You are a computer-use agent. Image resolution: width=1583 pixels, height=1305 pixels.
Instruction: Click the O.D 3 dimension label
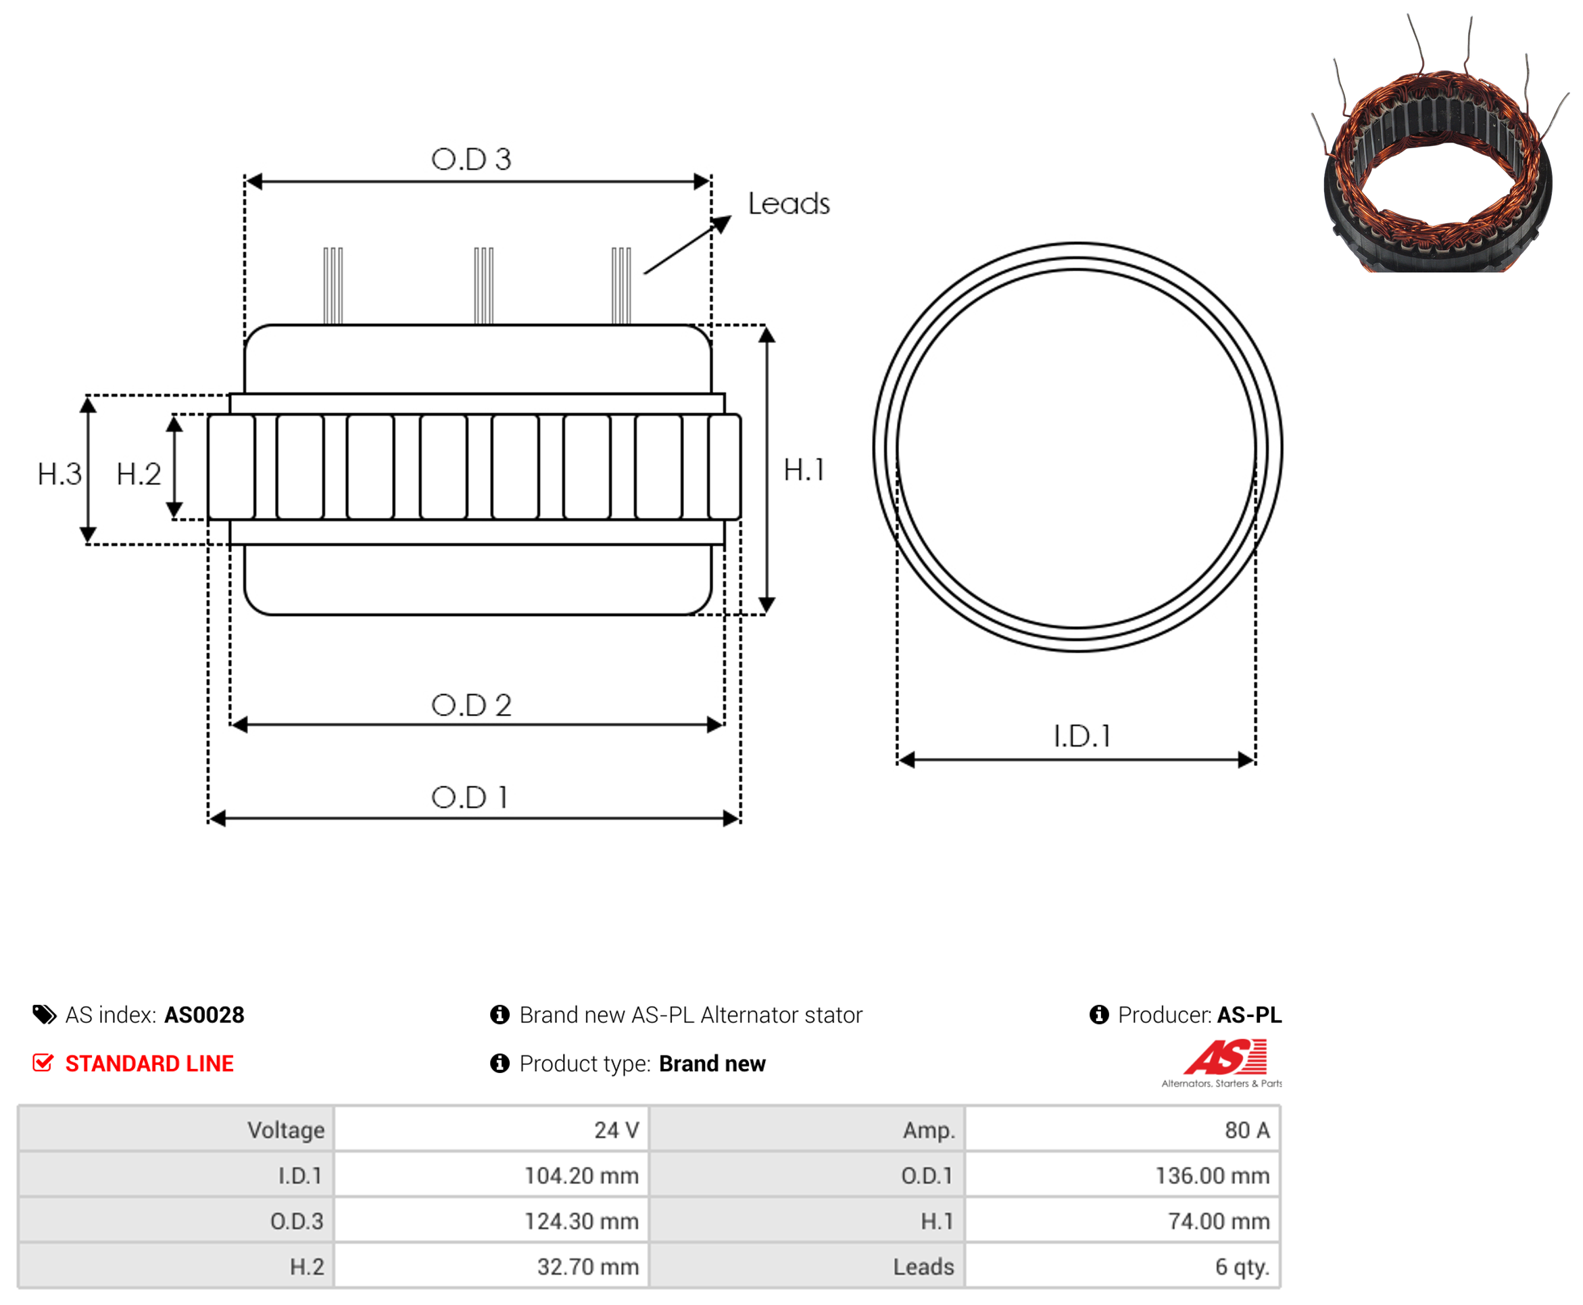point(470,159)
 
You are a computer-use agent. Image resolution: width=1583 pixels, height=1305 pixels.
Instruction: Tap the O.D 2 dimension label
point(470,705)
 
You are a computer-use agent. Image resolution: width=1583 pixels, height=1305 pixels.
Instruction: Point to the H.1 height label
point(803,470)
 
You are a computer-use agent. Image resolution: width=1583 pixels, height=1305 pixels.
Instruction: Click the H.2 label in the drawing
point(139,475)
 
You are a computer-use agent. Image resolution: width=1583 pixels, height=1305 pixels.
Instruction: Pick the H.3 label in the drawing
point(59,475)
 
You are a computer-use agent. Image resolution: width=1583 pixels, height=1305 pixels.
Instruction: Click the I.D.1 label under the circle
point(1081,736)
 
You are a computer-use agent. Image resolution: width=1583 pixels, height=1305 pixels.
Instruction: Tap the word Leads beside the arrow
point(788,203)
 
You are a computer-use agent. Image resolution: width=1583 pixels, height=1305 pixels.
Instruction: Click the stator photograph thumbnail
point(1439,143)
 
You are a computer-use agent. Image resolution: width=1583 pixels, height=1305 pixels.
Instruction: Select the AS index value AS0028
point(203,1015)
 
